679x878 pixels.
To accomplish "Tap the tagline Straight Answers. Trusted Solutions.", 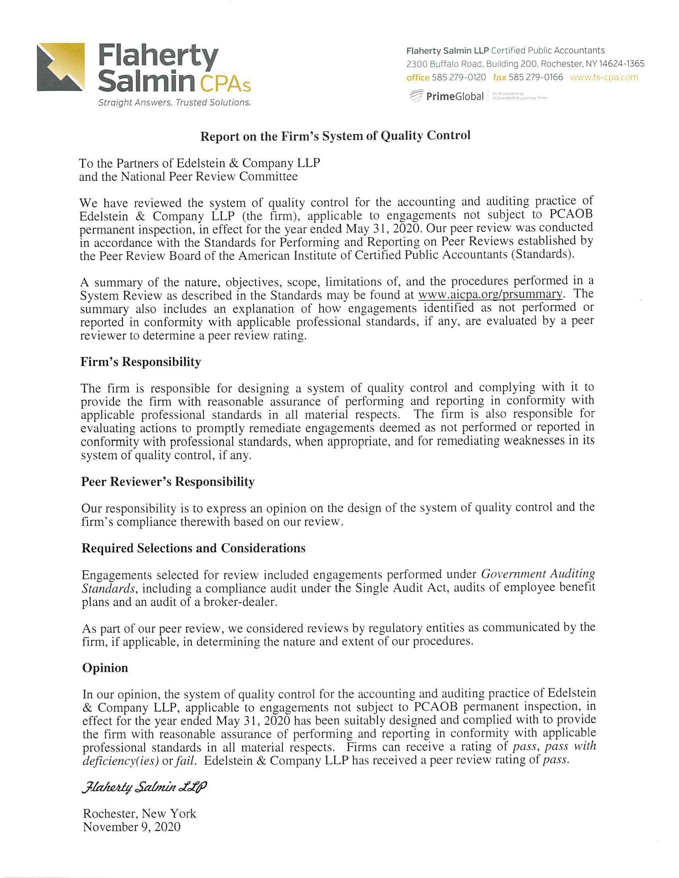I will pyautogui.click(x=174, y=102).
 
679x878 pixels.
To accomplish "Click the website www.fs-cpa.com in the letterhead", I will pyautogui.click(x=604, y=77).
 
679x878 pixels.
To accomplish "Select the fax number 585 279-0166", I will pyautogui.click(x=536, y=77).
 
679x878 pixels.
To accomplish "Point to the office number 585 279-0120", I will pyautogui.click(x=458, y=77).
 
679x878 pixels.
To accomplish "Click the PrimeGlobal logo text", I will pyautogui.click(x=455, y=96).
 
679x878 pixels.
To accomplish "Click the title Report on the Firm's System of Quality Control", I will pyautogui.click(x=335, y=136).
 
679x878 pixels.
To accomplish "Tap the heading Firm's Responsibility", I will pyautogui.click(x=141, y=362).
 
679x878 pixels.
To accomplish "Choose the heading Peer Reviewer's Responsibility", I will pyautogui.click(x=168, y=482).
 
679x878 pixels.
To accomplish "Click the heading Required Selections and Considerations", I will pyautogui.click(x=193, y=548).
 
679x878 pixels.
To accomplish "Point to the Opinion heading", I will pyautogui.click(x=105, y=668).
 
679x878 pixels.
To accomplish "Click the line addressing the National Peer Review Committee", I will pyautogui.click(x=188, y=176).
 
